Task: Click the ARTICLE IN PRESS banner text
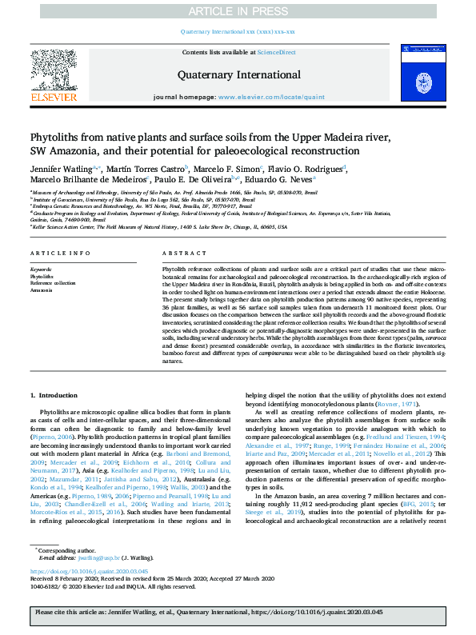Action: (x=237, y=11)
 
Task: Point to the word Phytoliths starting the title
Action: (x=55, y=137)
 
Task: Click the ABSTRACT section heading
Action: (x=178, y=253)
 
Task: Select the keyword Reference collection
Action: (x=53, y=283)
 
